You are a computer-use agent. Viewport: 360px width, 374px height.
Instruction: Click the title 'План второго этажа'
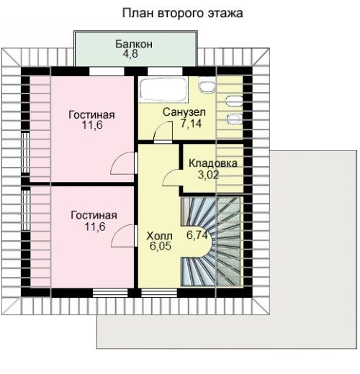click(182, 14)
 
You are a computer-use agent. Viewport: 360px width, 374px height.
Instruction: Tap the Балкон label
click(134, 44)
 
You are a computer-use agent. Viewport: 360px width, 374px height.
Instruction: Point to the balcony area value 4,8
click(130, 54)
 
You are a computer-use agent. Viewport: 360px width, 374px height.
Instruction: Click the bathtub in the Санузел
click(163, 89)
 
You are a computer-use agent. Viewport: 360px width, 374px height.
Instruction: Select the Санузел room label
click(184, 112)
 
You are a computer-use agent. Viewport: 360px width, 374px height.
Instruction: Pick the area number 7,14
click(192, 124)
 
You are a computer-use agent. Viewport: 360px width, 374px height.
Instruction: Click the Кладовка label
click(213, 163)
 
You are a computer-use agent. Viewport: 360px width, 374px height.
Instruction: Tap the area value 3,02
click(208, 175)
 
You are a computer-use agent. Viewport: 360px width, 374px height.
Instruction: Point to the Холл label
click(159, 236)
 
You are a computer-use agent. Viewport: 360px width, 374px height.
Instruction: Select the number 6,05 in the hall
click(161, 246)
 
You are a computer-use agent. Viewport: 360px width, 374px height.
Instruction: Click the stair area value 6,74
click(197, 235)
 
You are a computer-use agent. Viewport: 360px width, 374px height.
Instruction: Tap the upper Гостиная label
click(91, 115)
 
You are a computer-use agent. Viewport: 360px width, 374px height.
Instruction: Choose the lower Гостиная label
click(94, 215)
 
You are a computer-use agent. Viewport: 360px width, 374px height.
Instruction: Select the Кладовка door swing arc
click(168, 173)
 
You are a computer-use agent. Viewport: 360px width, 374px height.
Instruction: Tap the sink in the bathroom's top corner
click(207, 86)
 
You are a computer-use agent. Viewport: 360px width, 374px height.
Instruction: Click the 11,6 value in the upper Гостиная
click(92, 125)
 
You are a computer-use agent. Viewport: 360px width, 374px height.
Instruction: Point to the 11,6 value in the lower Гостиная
click(95, 227)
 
